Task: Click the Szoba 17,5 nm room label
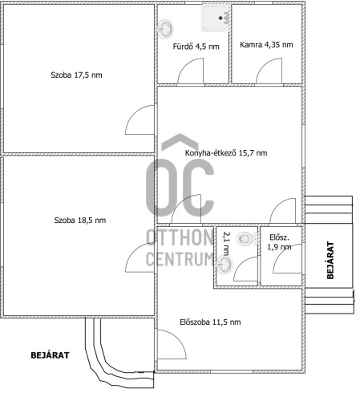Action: click(76, 75)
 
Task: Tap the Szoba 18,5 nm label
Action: click(80, 221)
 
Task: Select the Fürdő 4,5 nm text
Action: click(196, 47)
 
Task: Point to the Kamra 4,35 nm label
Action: click(266, 45)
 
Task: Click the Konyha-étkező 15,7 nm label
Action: click(226, 153)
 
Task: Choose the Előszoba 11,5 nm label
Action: click(210, 322)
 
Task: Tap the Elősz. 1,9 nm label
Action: click(279, 242)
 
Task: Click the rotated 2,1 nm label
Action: click(226, 244)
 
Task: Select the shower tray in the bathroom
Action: click(215, 18)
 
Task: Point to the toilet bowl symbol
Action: click(247, 238)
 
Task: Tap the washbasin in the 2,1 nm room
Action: click(224, 265)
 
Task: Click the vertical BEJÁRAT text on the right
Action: click(330, 261)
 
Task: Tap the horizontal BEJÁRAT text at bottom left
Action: click(50, 355)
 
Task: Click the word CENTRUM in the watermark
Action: click(180, 259)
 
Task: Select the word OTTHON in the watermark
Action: click(180, 237)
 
